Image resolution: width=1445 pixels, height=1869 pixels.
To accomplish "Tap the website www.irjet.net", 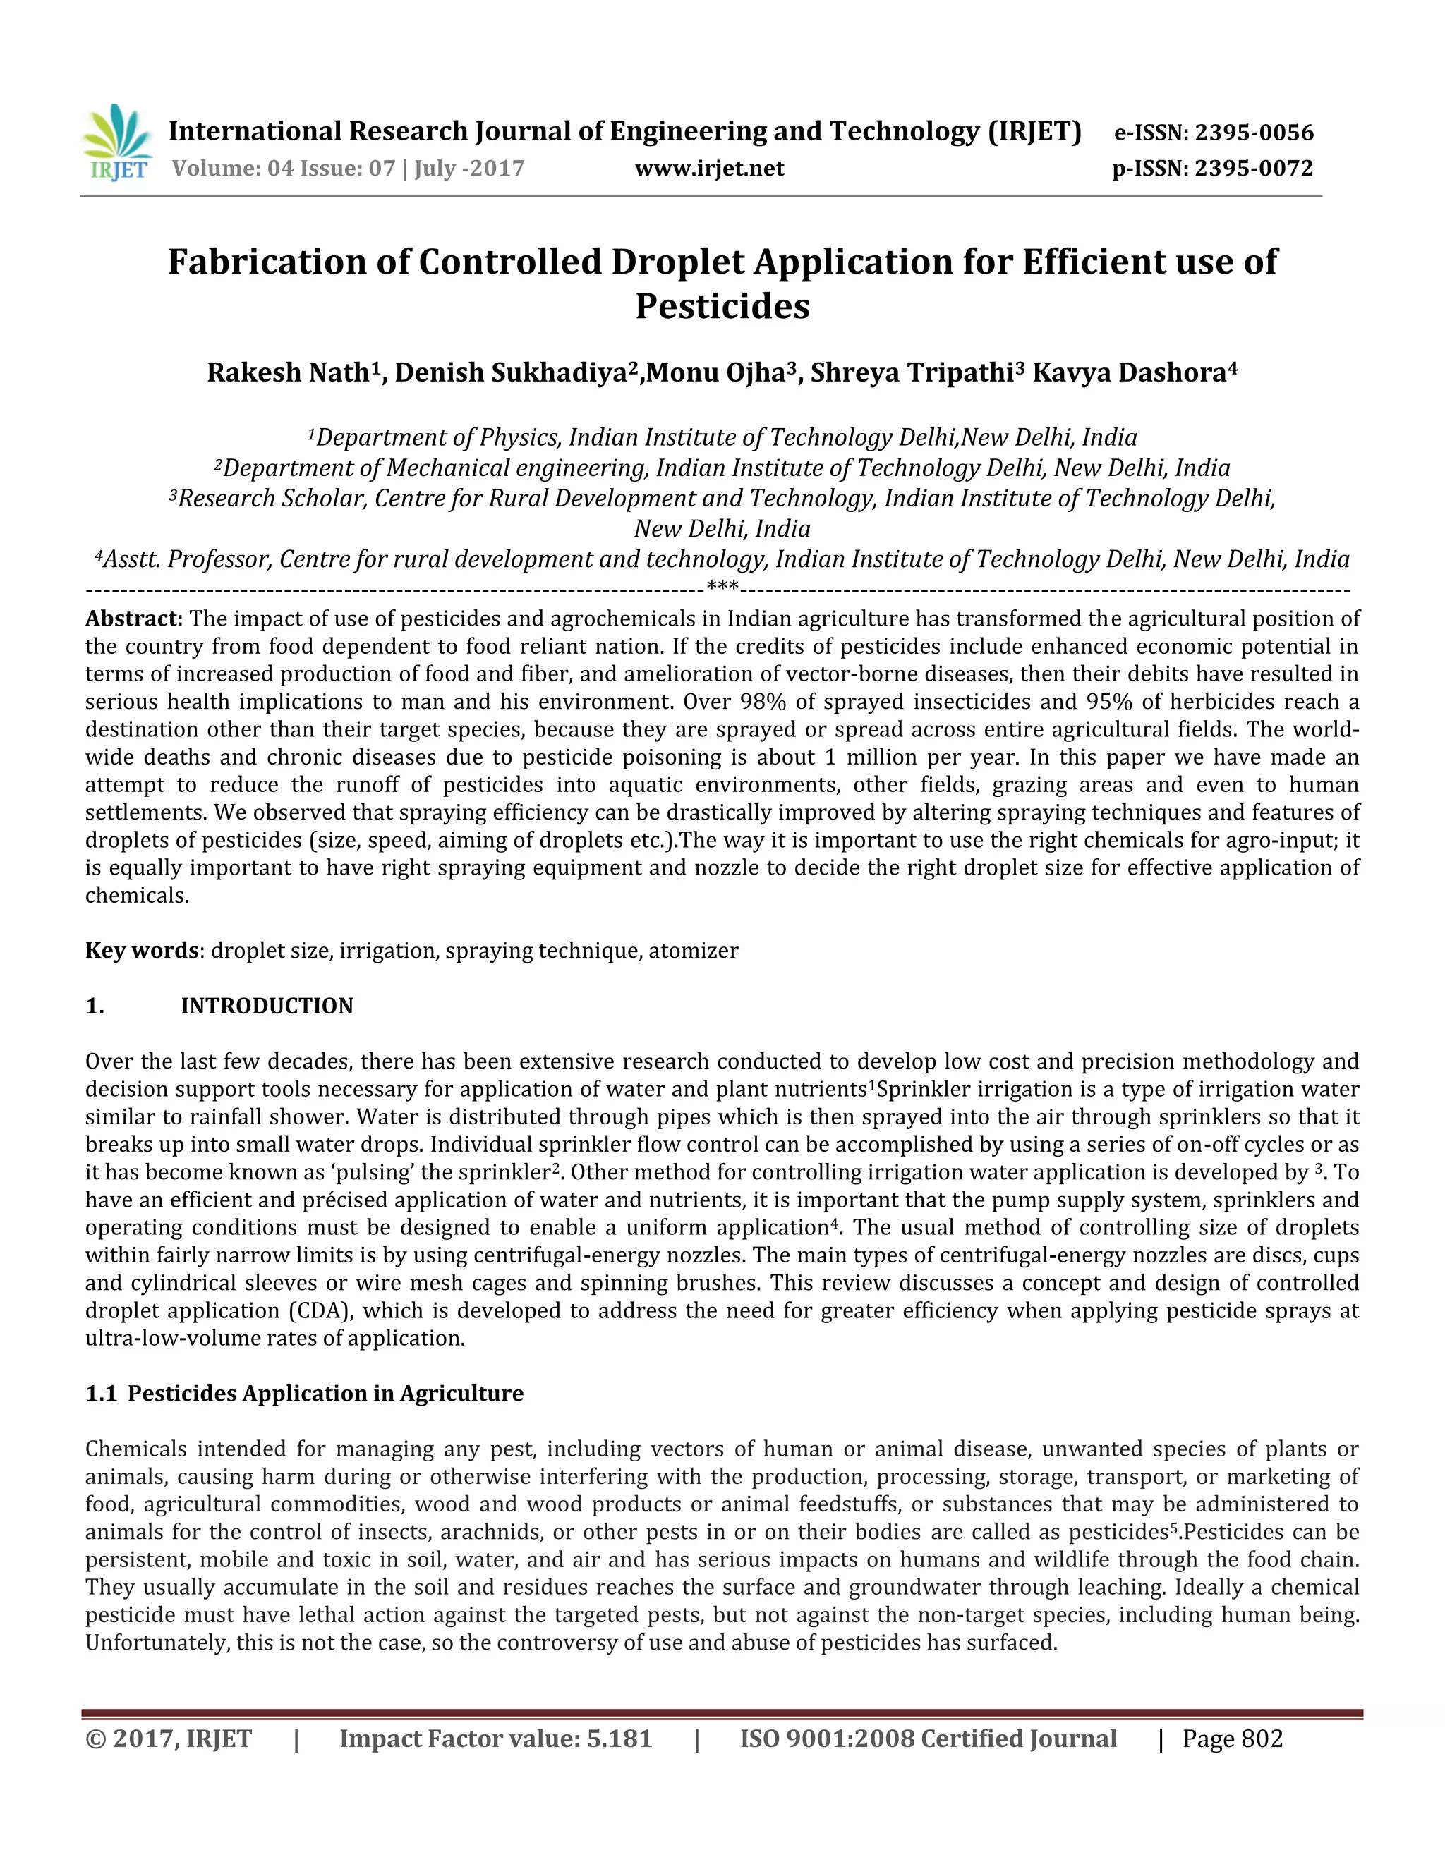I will pos(709,169).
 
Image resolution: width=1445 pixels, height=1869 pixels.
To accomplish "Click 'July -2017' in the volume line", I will pos(469,169).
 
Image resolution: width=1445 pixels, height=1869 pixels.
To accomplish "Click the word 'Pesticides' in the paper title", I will pos(722,306).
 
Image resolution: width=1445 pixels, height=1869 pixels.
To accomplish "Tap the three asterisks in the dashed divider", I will pos(722,589).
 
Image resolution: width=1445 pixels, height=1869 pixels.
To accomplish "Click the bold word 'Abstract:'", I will pos(134,619).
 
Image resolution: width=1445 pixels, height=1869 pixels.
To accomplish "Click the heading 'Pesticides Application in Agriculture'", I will pos(325,1393).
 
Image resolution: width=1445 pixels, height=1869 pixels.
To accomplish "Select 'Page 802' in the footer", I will pos(1233,1739).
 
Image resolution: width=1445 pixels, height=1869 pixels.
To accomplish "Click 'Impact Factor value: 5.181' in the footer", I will pos(495,1739).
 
